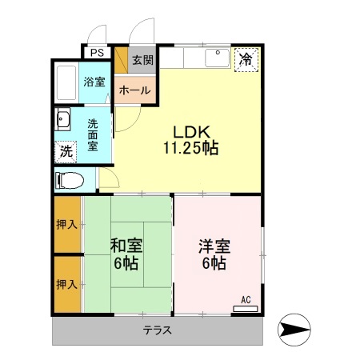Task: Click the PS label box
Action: tap(98, 52)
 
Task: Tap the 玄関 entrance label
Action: tap(142, 59)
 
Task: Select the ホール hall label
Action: tap(134, 90)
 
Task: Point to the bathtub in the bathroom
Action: tap(66, 82)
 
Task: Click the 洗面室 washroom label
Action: tap(94, 134)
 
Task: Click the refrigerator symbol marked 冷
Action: tap(246, 58)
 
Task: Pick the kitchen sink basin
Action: tap(215, 58)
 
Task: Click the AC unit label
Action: tap(246, 300)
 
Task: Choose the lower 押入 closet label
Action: tap(67, 284)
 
